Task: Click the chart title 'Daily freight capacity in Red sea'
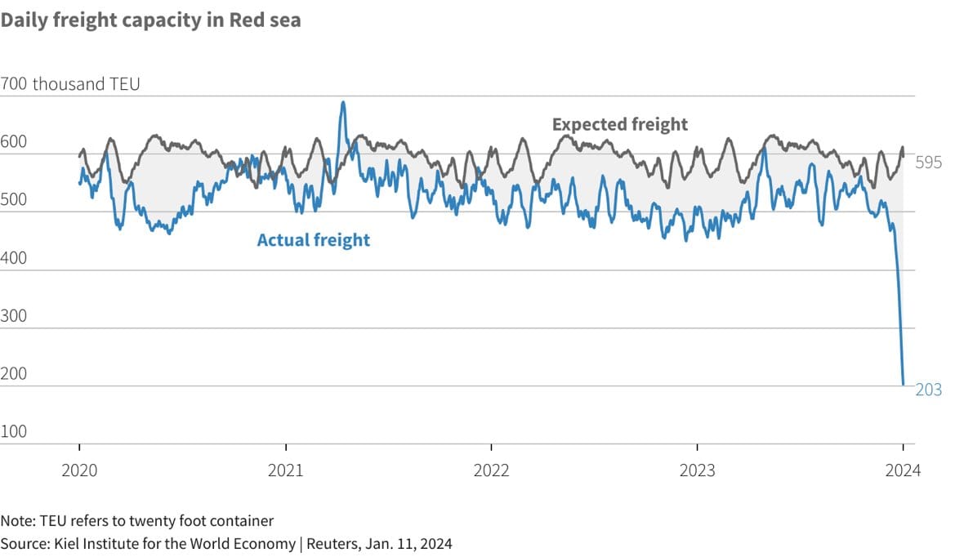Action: click(x=150, y=21)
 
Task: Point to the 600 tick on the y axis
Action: click(x=14, y=142)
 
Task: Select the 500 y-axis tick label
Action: click(x=14, y=200)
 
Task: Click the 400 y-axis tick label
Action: click(x=14, y=258)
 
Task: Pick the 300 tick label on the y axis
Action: click(x=14, y=316)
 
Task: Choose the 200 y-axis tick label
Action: click(x=14, y=374)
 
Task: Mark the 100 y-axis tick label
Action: click(x=14, y=432)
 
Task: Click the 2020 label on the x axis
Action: click(x=79, y=470)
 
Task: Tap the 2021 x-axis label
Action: click(x=285, y=470)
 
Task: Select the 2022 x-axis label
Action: click(x=491, y=470)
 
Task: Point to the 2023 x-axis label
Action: click(x=697, y=470)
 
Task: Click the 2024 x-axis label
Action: click(x=903, y=470)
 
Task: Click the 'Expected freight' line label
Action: click(x=620, y=124)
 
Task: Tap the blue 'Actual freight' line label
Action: click(x=313, y=240)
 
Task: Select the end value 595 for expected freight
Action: click(x=928, y=163)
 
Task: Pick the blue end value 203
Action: click(x=928, y=390)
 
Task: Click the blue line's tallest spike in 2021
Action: click(x=343, y=103)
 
